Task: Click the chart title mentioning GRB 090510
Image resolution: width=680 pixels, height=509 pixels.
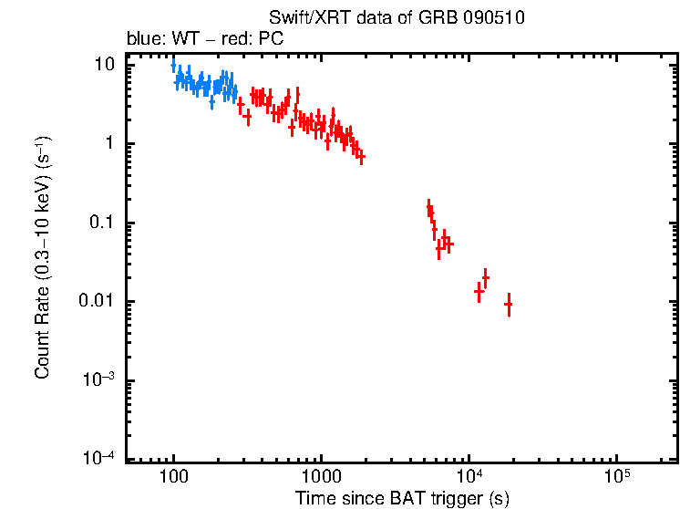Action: [x=397, y=18]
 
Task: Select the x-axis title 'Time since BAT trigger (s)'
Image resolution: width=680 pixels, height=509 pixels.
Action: [x=401, y=498]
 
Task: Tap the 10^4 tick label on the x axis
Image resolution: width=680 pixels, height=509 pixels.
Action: [x=469, y=477]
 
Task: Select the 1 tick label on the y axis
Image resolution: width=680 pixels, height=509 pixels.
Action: [x=109, y=144]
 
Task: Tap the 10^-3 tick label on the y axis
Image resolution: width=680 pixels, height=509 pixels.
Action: [x=99, y=380]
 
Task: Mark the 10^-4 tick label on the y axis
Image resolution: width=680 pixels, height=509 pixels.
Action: [x=99, y=459]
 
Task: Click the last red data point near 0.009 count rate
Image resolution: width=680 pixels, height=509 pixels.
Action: [x=508, y=304]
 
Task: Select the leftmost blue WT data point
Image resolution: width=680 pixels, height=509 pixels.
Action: [x=173, y=66]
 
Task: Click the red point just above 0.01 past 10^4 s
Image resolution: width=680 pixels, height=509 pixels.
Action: [x=486, y=276]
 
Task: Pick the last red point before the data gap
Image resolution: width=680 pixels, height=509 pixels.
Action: [x=361, y=158]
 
